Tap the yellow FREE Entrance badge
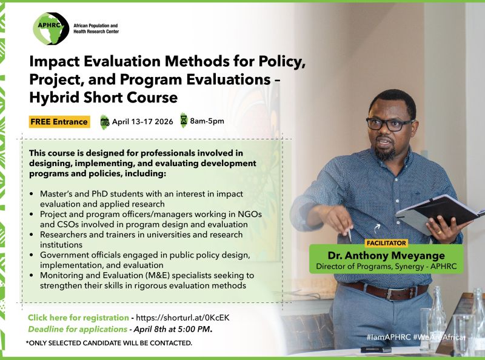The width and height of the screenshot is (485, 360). (x=59, y=122)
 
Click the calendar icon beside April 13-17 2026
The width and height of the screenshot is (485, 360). (x=104, y=121)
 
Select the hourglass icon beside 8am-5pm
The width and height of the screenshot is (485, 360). (x=183, y=120)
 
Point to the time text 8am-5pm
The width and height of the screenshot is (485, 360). (x=207, y=121)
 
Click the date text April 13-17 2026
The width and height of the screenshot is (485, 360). (x=142, y=121)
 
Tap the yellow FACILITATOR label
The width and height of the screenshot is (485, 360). (x=386, y=242)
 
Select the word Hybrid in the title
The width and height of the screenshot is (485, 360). (x=61, y=96)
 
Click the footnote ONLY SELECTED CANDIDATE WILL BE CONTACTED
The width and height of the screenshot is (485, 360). (x=109, y=343)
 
